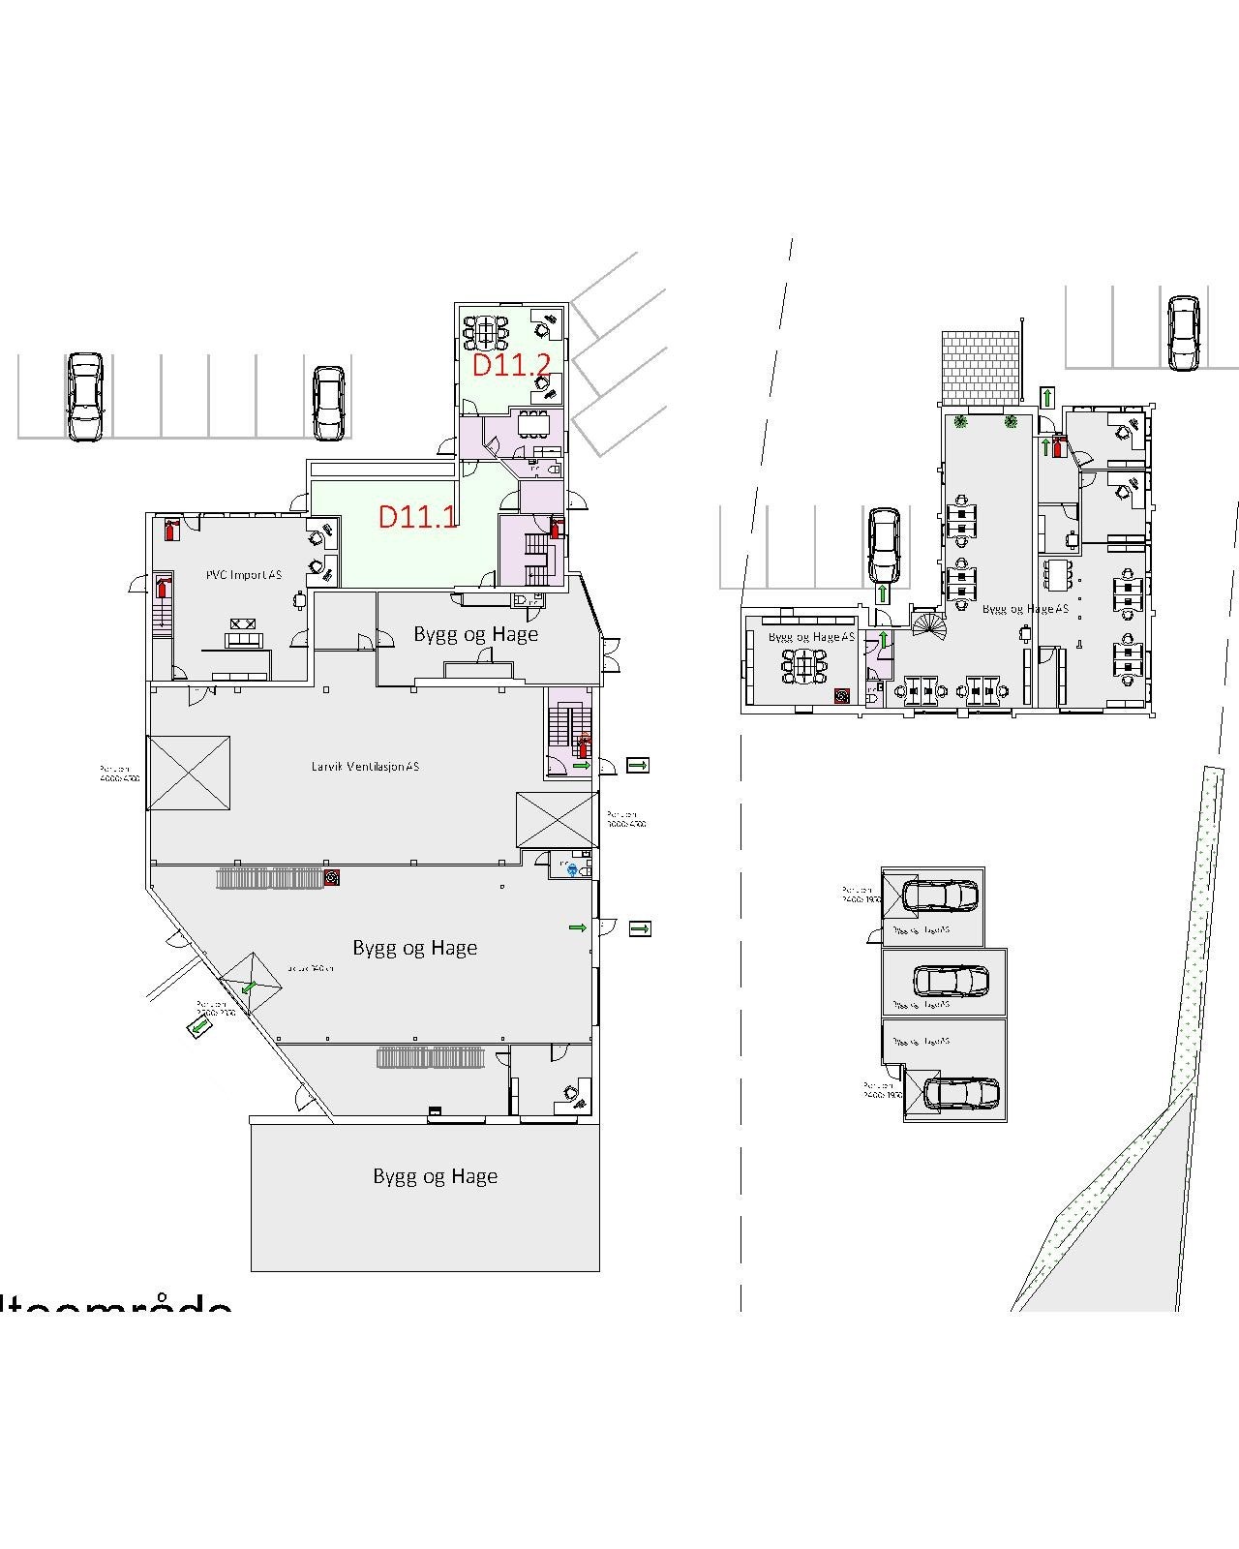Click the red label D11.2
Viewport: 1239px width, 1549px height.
click(x=511, y=366)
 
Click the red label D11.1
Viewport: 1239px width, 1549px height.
click(x=417, y=516)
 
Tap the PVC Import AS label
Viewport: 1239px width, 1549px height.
click(x=244, y=575)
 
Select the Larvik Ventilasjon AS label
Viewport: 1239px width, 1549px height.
click(x=366, y=767)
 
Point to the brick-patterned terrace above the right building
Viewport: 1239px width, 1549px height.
click(x=981, y=368)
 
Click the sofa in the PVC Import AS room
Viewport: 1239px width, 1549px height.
click(x=243, y=640)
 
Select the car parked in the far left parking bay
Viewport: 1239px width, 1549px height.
click(x=85, y=396)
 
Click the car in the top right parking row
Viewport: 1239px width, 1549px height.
click(x=1183, y=333)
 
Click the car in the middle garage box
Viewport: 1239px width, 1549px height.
click(x=951, y=982)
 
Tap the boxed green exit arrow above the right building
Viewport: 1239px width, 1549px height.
click(x=1048, y=397)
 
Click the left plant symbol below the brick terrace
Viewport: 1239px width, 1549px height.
click(x=961, y=421)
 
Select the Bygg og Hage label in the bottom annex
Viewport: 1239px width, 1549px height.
click(x=435, y=1176)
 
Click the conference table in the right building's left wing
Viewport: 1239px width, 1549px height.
click(x=805, y=666)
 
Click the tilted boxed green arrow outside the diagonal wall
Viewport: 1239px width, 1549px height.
click(x=200, y=1026)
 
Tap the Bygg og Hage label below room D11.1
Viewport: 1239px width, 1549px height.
click(x=475, y=634)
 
